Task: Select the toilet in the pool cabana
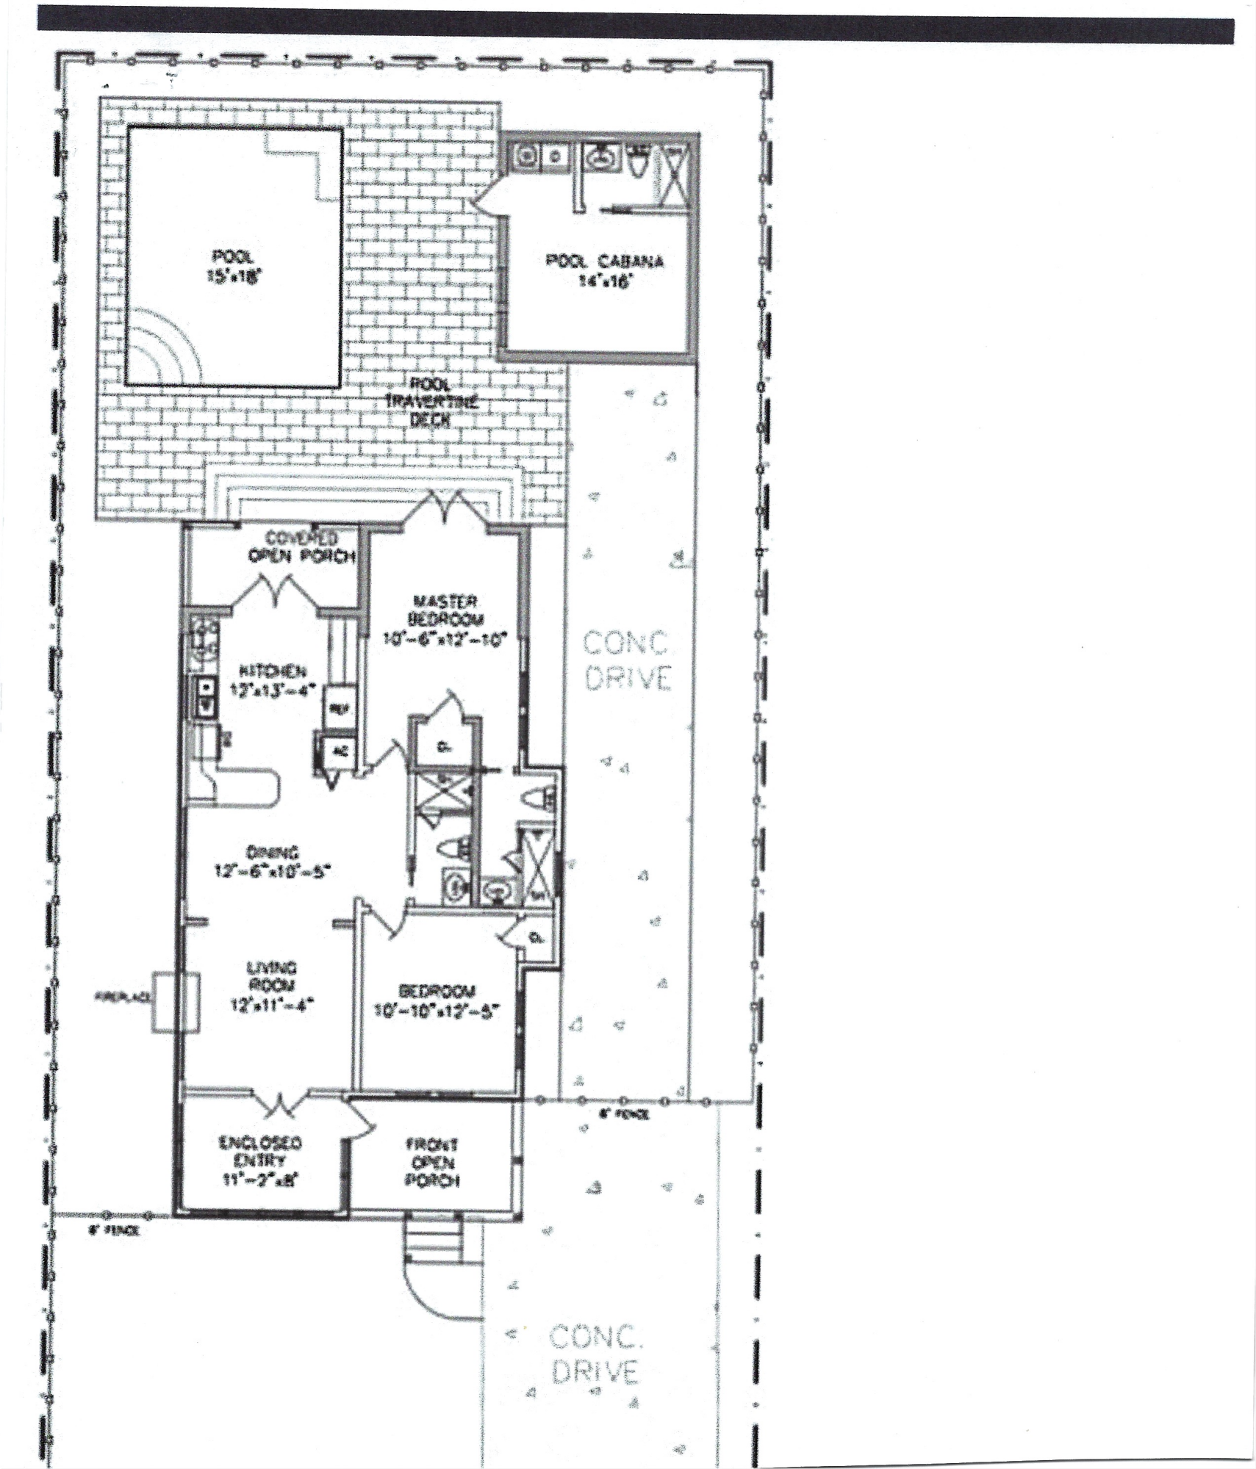tap(637, 162)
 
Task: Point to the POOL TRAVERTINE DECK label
tap(431, 402)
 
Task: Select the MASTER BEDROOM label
tap(445, 619)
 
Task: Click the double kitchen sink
tap(204, 696)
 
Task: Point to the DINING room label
tap(273, 861)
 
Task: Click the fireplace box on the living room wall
tap(176, 1002)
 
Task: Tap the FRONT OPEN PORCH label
tap(433, 1163)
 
